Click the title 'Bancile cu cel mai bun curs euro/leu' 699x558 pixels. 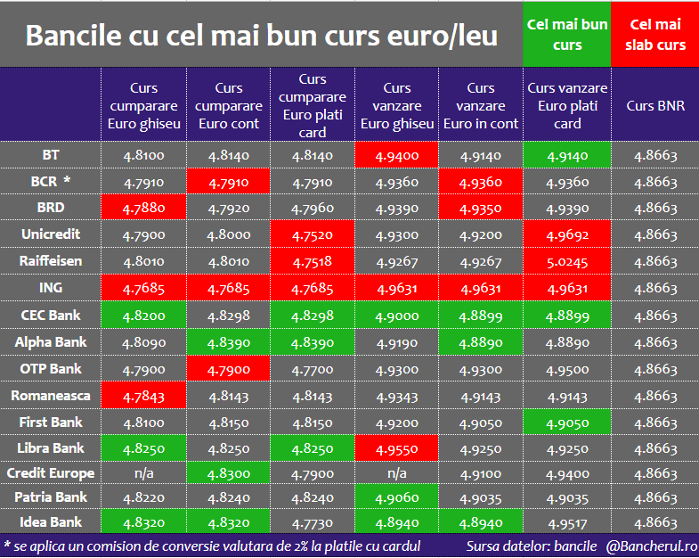click(261, 36)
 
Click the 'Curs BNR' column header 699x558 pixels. click(655, 105)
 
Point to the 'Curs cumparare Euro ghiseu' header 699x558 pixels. click(143, 105)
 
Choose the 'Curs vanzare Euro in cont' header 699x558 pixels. click(481, 105)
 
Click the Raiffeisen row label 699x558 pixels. click(51, 261)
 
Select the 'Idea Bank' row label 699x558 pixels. click(51, 522)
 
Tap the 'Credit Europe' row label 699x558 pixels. click(51, 472)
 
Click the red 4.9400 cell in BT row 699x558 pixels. click(396, 156)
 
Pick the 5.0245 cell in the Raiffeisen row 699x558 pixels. click(567, 262)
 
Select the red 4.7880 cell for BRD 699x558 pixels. click(143, 209)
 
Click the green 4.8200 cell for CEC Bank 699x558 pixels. click(143, 316)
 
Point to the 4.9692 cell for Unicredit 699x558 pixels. click(567, 235)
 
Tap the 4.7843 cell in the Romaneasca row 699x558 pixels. click(143, 396)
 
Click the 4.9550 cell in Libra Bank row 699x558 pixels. click(396, 448)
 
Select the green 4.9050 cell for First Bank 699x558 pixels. click(567, 423)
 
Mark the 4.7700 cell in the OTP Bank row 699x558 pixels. click(313, 369)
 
